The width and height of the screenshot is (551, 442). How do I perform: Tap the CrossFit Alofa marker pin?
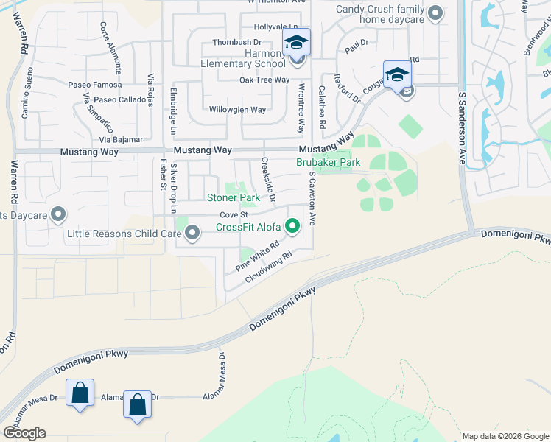click(293, 227)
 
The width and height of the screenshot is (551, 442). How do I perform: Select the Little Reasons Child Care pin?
click(193, 234)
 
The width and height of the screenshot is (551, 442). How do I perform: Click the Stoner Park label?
click(233, 198)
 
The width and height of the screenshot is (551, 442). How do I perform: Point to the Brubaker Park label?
click(328, 162)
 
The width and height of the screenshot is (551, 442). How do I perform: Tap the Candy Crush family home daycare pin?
click(435, 13)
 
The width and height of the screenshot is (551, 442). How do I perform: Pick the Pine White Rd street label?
click(258, 256)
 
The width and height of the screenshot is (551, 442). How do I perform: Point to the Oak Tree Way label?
click(264, 80)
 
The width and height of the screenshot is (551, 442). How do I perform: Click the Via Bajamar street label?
click(121, 139)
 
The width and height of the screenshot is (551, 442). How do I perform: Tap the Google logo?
click(24, 433)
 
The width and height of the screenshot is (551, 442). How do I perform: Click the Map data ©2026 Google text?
click(505, 436)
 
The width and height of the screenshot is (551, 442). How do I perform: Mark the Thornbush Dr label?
click(237, 43)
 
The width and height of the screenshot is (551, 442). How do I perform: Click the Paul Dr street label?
click(356, 46)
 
